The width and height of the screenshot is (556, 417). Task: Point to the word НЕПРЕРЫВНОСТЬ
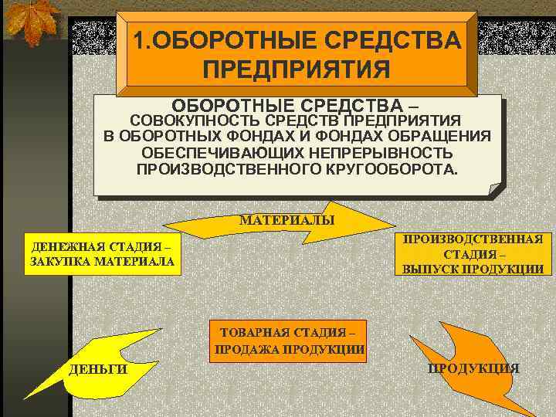[x=383, y=152]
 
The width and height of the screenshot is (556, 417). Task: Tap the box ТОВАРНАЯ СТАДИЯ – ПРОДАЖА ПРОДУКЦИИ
[x=289, y=341]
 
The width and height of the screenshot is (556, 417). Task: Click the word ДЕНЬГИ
[x=97, y=370]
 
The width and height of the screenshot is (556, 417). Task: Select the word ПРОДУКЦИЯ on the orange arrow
[x=474, y=368]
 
